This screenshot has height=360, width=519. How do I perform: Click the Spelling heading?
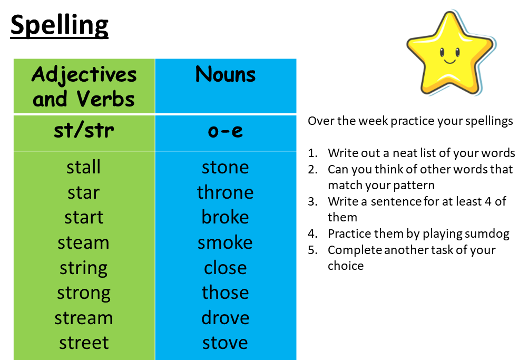[59, 25]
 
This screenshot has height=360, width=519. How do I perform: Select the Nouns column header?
[226, 74]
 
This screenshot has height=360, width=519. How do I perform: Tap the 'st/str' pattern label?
[84, 131]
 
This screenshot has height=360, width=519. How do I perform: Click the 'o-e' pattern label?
[226, 131]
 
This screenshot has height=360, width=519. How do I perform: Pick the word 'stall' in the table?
[83, 167]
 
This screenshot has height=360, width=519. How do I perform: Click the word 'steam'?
[83, 242]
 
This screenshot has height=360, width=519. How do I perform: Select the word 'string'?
[83, 268]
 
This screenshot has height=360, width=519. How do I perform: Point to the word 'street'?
[84, 343]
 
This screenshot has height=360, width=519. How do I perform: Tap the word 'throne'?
[226, 192]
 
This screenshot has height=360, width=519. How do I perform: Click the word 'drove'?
[226, 318]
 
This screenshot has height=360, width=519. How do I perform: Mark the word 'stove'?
[225, 343]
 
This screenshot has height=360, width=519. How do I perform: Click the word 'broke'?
[225, 217]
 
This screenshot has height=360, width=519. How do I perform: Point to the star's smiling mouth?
[450, 61]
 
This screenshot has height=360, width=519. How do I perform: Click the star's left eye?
[442, 52]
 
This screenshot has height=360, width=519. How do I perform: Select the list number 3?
[312, 202]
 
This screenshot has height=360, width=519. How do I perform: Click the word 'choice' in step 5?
[346, 266]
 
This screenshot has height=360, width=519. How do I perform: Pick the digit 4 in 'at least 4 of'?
[488, 201]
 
